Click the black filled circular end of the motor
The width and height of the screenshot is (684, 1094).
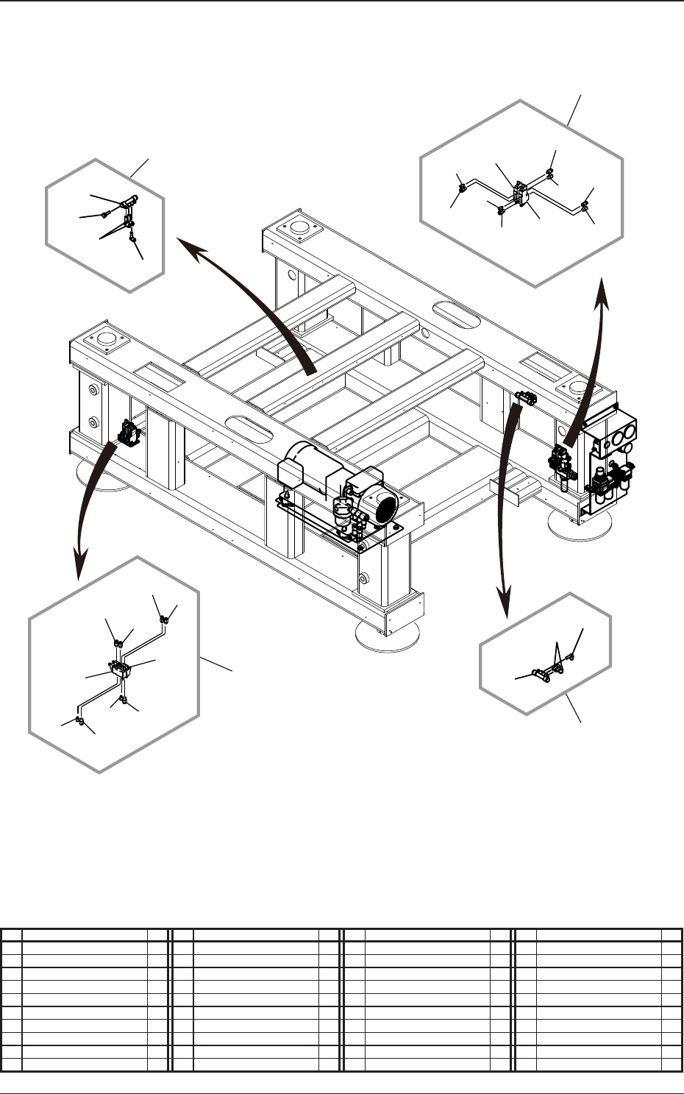384,508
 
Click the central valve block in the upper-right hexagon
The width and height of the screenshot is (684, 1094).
521,195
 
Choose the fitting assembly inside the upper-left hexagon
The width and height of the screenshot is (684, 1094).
128,217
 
